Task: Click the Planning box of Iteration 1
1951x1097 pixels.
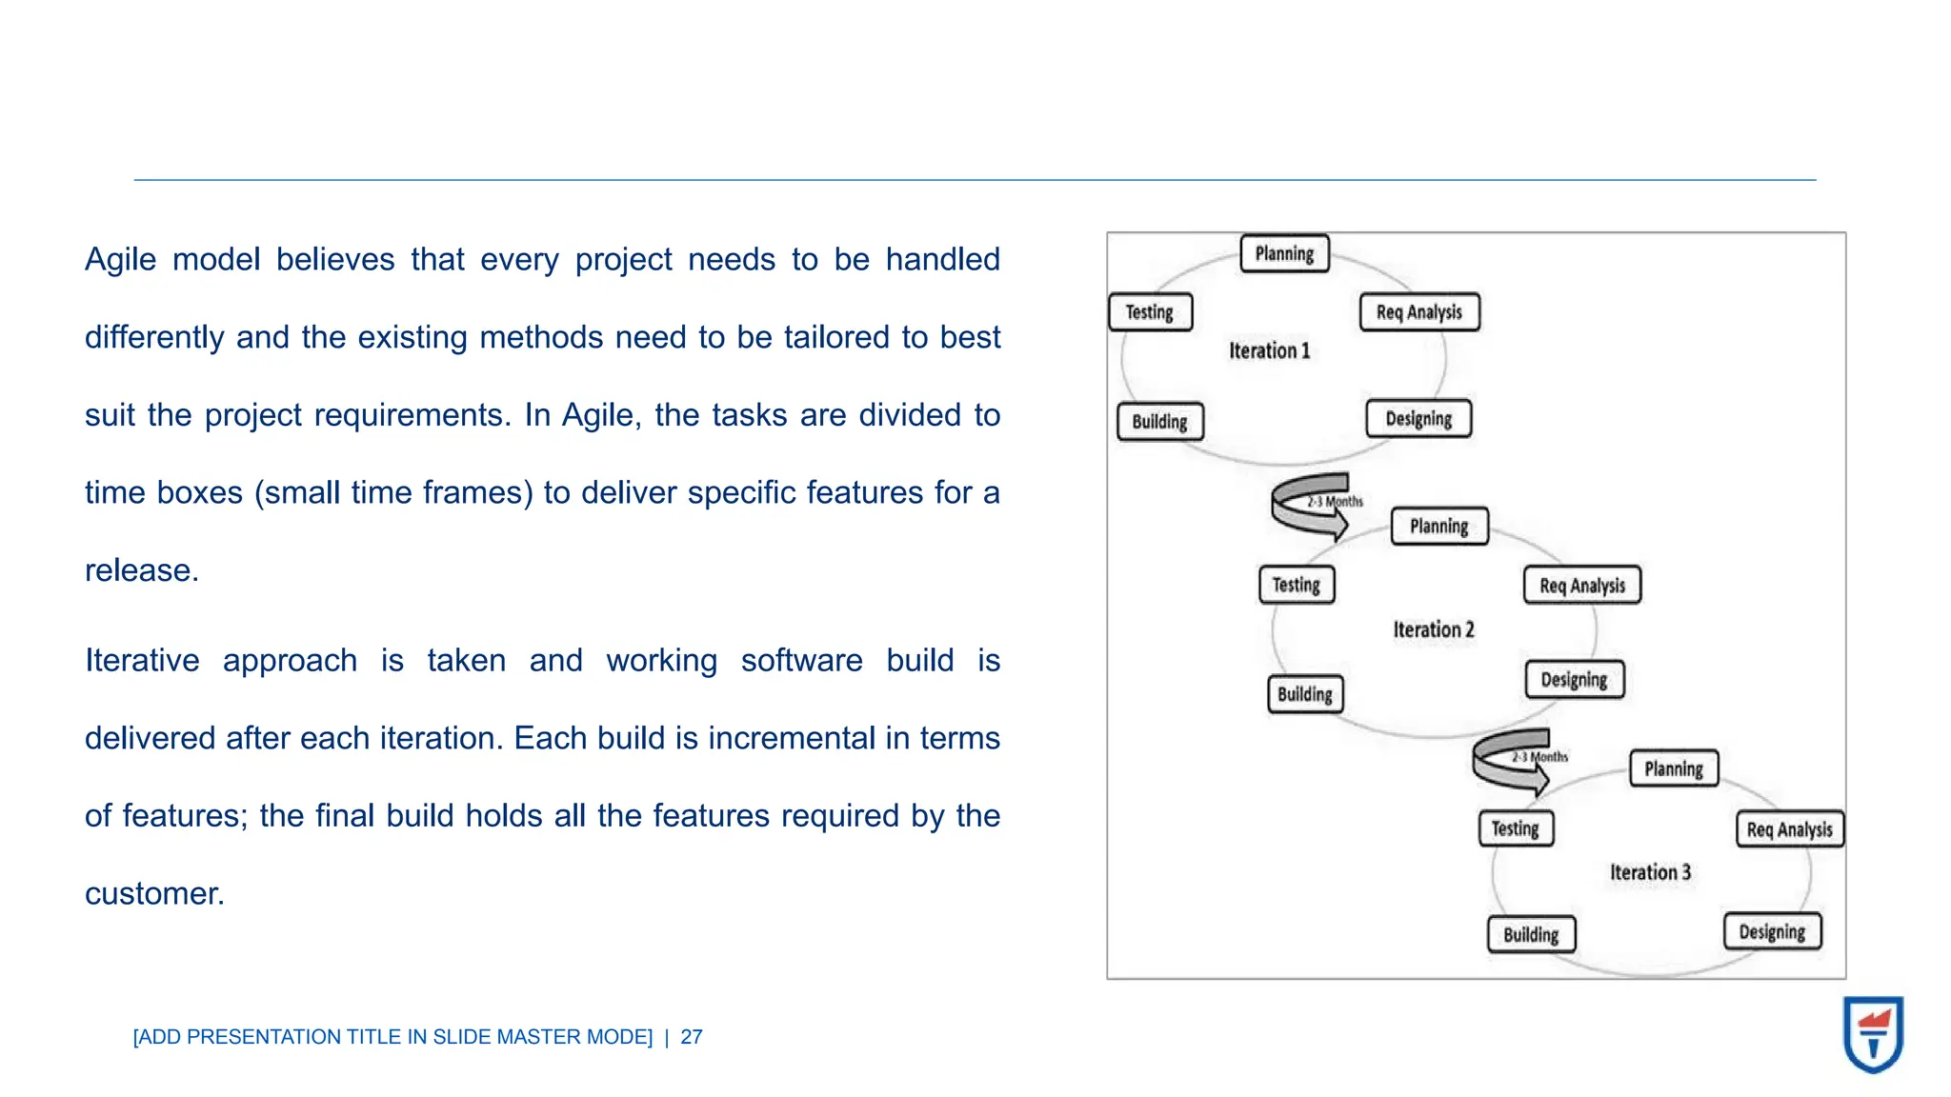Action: (1284, 254)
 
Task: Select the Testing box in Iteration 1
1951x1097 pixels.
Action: (1150, 312)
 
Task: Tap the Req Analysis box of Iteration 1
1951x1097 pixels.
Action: (1419, 312)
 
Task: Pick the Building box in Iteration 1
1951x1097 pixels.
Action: (1160, 422)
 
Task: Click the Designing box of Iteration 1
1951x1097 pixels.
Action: (1418, 419)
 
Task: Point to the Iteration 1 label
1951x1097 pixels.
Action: (1269, 351)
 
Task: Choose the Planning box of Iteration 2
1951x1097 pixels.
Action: (1439, 527)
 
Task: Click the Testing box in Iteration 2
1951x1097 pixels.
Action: (1297, 585)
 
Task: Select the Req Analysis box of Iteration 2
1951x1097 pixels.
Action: (1582, 586)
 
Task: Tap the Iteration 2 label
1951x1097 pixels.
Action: (1434, 629)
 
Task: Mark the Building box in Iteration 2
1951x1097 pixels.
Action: (1305, 694)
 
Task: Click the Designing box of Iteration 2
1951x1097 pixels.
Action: (1575, 680)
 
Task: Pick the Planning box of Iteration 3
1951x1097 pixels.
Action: (1674, 769)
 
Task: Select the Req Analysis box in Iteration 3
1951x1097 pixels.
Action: (1790, 829)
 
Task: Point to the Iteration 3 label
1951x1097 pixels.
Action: (1650, 872)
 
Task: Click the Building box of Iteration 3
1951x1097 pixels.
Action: (1531, 935)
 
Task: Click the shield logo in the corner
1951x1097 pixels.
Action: (1873, 1034)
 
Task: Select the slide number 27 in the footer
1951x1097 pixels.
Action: (692, 1037)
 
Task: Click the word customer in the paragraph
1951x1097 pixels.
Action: (153, 894)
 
